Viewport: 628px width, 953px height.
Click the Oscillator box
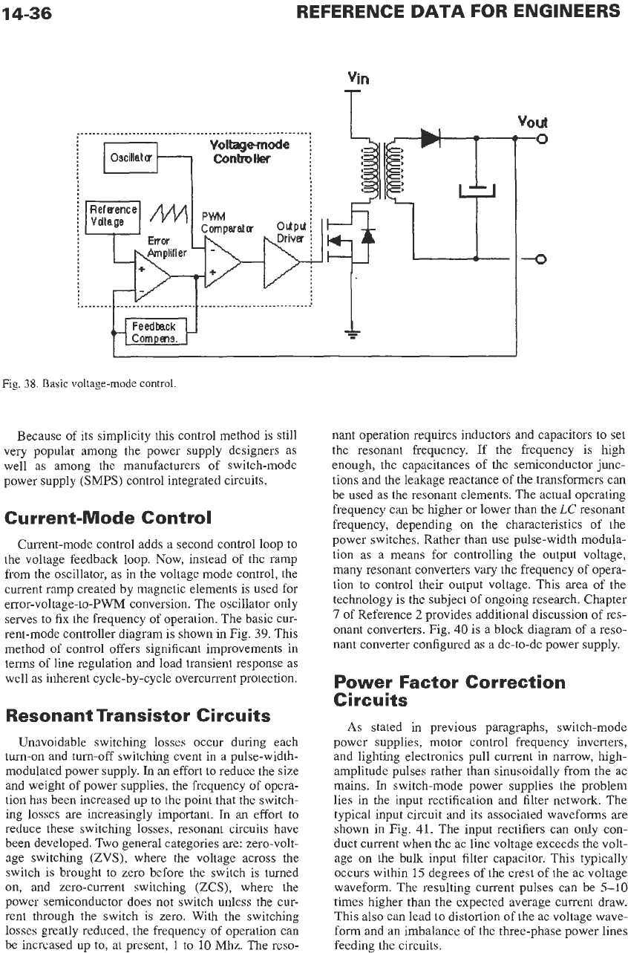[x=131, y=157]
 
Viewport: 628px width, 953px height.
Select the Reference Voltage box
[x=113, y=218]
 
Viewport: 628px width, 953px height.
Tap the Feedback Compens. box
[x=156, y=332]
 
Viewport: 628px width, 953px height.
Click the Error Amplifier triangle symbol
[x=152, y=276]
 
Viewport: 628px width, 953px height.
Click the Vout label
[x=532, y=122]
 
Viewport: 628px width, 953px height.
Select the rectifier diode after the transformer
[x=431, y=138]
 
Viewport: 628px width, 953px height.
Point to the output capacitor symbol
[x=477, y=190]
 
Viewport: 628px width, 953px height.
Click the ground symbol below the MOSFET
[x=352, y=335]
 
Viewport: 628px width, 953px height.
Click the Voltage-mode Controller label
[x=249, y=152]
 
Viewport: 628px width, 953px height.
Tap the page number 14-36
[x=27, y=13]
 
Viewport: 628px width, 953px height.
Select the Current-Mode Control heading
[x=108, y=518]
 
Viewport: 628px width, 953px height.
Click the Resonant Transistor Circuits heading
[x=138, y=715]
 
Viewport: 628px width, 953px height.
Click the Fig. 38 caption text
[x=89, y=384]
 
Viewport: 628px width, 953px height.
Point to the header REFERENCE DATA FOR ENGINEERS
[x=458, y=11]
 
